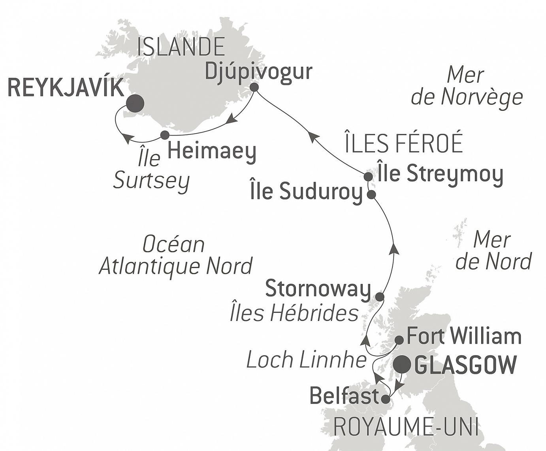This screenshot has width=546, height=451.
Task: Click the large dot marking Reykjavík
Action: (x=135, y=104)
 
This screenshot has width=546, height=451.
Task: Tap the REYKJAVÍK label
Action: (x=66, y=88)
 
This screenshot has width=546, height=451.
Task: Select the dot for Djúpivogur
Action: (x=254, y=87)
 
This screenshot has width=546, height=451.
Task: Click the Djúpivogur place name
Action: (x=259, y=72)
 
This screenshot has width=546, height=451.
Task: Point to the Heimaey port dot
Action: (x=165, y=135)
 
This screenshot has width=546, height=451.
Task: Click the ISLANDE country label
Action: (x=181, y=47)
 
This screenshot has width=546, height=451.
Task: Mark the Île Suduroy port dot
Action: (x=371, y=194)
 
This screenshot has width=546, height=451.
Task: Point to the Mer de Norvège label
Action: (x=467, y=86)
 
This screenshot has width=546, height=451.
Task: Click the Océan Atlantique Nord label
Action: (x=175, y=255)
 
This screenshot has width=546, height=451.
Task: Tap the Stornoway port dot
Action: (x=379, y=296)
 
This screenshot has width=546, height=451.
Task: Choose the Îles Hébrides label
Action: (x=294, y=313)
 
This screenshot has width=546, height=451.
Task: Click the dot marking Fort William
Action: (x=399, y=340)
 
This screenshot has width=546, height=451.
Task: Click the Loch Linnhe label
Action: (x=306, y=360)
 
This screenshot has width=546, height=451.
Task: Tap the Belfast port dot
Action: (x=385, y=399)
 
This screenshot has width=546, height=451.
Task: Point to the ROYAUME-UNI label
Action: (x=406, y=427)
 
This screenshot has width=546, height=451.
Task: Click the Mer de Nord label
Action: (x=493, y=251)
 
